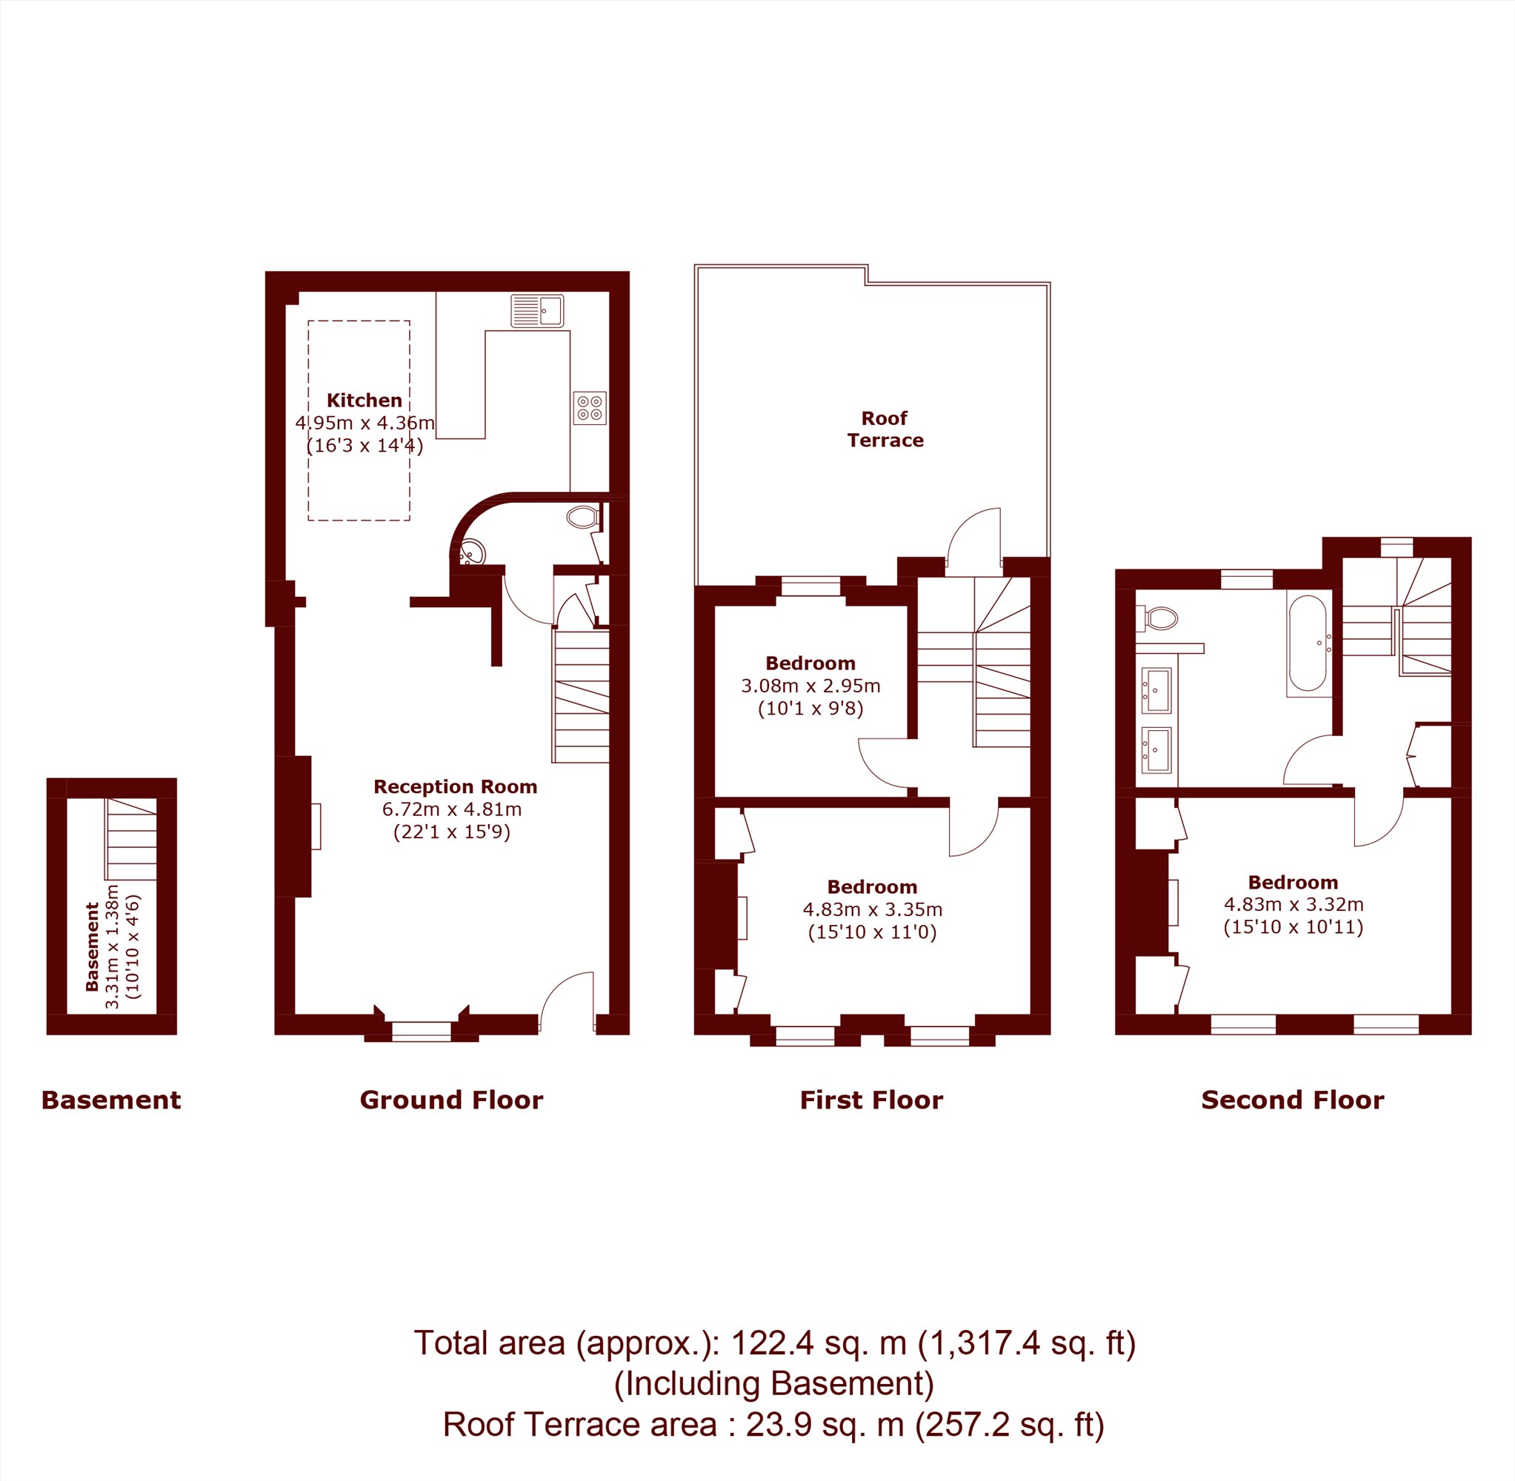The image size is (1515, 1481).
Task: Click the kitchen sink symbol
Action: tap(538, 311)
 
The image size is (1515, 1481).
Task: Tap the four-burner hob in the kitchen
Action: tap(590, 408)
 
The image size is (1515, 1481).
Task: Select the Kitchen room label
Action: tap(364, 401)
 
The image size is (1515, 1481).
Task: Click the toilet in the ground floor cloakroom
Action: tap(582, 516)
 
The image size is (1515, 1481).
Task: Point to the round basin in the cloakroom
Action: tap(472, 553)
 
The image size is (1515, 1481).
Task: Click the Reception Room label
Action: tap(455, 786)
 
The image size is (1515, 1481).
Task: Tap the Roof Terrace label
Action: tap(885, 429)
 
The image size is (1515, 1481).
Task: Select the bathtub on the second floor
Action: tap(1308, 643)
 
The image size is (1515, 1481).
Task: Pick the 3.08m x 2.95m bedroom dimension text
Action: tap(810, 686)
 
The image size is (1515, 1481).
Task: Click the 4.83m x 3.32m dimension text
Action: tap(1294, 905)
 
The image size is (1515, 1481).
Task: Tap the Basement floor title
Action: tap(110, 1100)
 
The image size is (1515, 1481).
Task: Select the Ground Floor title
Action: tap(451, 1100)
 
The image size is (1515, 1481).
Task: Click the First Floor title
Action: tap(871, 1100)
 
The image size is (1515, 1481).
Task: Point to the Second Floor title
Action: tap(1293, 1100)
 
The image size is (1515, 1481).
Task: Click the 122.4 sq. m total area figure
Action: tap(819, 1343)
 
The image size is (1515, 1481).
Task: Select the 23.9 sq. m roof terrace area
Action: tap(825, 1424)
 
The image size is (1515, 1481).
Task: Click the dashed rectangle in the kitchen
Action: tap(359, 420)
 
